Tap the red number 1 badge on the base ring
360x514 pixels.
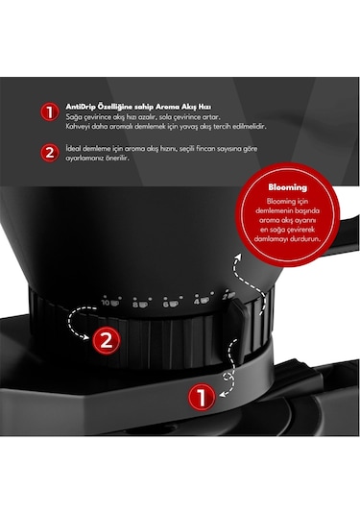point(199,393)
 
